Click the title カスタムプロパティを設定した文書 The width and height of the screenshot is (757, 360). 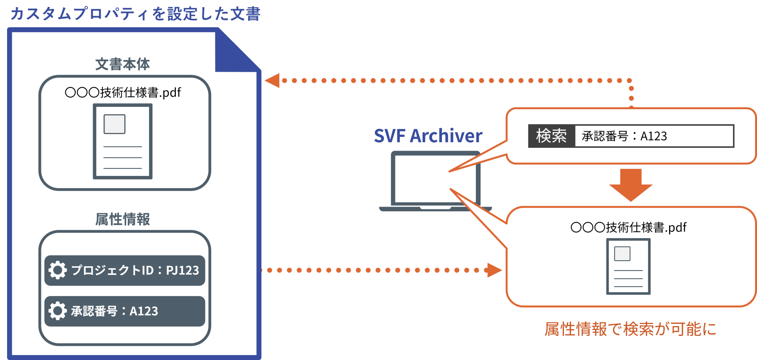pos(135,14)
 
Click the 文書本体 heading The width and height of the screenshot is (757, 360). pos(123,64)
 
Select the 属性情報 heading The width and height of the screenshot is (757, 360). pos(123,219)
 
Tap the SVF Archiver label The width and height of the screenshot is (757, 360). pos(428,136)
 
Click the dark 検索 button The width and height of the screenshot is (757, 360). pos(552,136)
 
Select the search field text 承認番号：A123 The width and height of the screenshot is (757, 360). pos(625,136)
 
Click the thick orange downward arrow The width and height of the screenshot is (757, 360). pos(631,185)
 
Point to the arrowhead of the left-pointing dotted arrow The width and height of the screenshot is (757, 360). pos(272,80)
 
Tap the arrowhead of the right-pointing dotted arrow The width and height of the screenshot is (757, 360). pos(495,270)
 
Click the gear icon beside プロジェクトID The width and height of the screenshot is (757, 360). pos(58,270)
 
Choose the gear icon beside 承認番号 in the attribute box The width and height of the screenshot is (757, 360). pos(58,311)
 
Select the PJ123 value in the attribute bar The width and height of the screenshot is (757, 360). pos(182,270)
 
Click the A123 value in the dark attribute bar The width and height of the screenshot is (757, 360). pos(144,311)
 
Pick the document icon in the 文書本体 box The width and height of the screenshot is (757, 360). pos(123,141)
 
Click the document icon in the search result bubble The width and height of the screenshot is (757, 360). pos(628,266)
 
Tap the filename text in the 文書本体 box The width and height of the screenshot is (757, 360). pos(123,92)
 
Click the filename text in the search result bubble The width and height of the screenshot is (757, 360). pos(628,227)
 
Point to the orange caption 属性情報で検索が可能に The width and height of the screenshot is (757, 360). pos(630,329)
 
